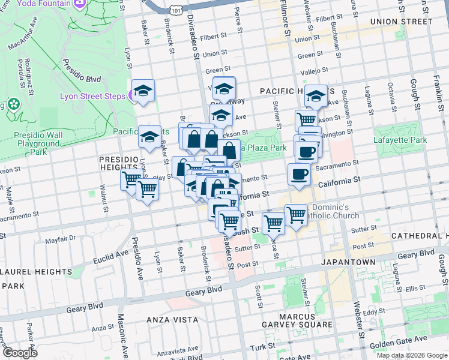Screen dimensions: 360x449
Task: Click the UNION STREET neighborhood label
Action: (x=401, y=22)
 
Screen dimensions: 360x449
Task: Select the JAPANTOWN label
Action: (x=348, y=262)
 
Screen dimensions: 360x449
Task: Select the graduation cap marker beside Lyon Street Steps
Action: (x=143, y=91)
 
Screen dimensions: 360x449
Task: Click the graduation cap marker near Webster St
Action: (x=316, y=95)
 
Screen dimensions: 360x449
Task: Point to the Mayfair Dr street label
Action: (x=61, y=239)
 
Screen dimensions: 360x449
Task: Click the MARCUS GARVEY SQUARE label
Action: (x=297, y=320)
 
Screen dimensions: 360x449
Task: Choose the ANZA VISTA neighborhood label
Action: (x=169, y=320)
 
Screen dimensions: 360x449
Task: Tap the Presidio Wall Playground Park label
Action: (x=38, y=143)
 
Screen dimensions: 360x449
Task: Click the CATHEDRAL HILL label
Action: (x=420, y=236)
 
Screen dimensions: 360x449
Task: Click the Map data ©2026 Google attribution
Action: (x=412, y=355)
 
